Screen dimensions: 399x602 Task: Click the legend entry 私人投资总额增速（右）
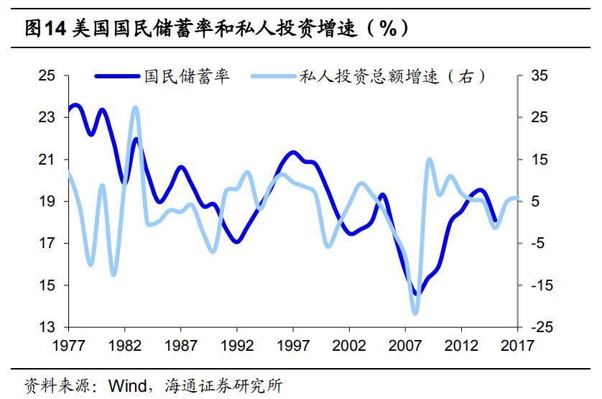[x=392, y=77]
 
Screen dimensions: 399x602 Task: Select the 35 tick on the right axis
[x=539, y=75]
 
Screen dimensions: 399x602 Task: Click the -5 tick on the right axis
[x=539, y=243]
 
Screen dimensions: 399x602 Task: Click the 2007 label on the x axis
[x=404, y=346]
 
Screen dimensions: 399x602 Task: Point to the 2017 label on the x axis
[x=516, y=346]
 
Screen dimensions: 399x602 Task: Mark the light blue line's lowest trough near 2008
[x=415, y=313]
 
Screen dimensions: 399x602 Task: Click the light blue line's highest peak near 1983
[x=135, y=108]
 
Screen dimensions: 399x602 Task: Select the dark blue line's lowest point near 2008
[x=417, y=293]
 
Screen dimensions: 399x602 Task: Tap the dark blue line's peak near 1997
[x=292, y=152]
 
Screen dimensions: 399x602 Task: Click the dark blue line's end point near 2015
[x=494, y=221]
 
